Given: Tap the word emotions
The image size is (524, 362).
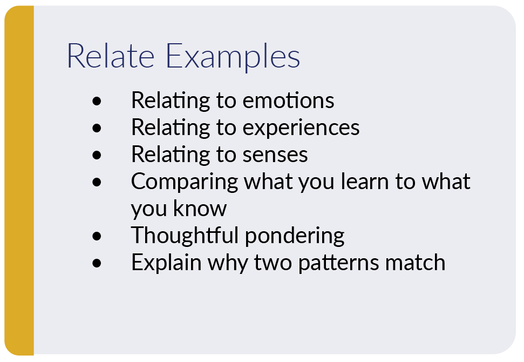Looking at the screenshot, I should click(x=288, y=101).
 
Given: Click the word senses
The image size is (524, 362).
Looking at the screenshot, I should click(x=275, y=155).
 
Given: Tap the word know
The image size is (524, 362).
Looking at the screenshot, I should click(x=202, y=209).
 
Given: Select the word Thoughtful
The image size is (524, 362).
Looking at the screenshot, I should click(x=185, y=236).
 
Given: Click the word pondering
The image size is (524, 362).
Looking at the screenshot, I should click(x=295, y=237).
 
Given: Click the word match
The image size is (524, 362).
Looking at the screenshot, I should click(x=415, y=263).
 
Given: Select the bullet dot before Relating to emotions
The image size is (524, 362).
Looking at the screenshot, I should click(x=97, y=101).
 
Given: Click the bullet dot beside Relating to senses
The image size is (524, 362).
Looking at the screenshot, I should click(x=97, y=155).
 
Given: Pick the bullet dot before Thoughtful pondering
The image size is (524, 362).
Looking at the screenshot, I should click(x=97, y=236).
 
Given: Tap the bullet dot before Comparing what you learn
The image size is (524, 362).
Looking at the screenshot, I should click(x=97, y=182).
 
